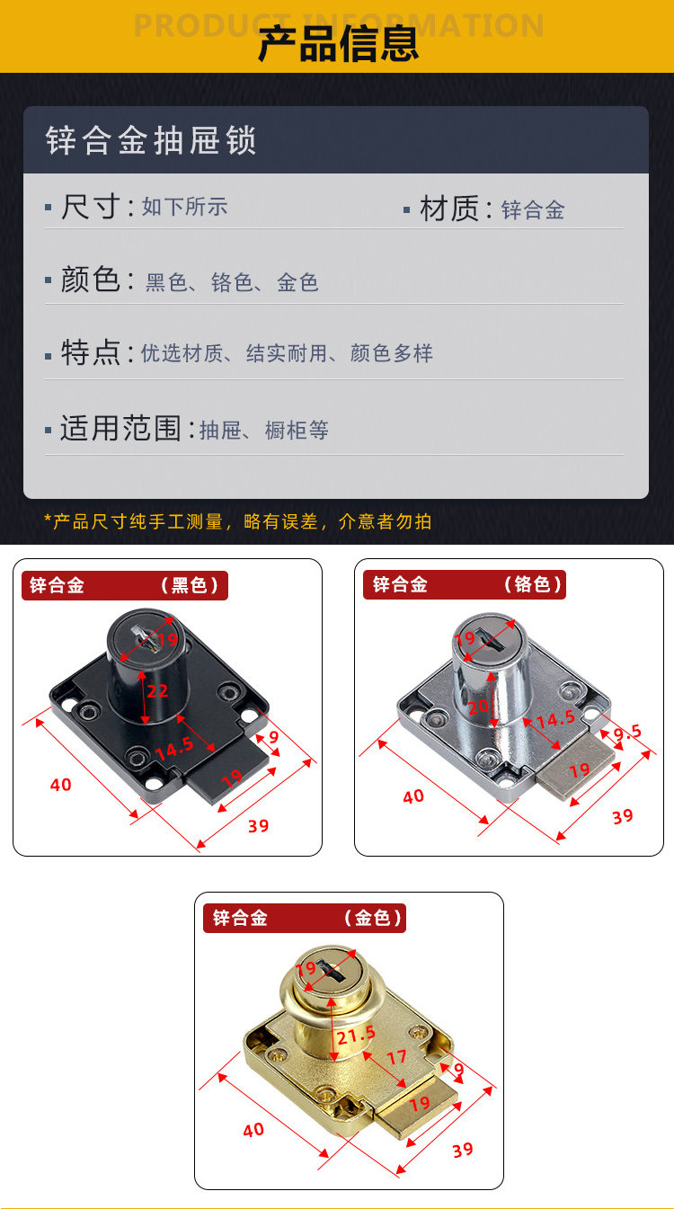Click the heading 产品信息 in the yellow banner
(338, 44)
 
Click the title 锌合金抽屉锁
(151, 140)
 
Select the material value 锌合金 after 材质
(533, 210)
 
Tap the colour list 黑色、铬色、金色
(232, 282)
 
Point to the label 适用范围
(120, 429)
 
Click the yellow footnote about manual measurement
(237, 521)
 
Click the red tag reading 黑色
(190, 585)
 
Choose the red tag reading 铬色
(533, 584)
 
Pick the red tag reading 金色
(373, 918)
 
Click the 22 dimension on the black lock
(157, 691)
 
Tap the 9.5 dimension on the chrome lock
(627, 733)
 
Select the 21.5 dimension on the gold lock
(356, 1035)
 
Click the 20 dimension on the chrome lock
(478, 707)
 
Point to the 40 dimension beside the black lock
(60, 785)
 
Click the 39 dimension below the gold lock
(463, 1151)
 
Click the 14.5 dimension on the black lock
(174, 748)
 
